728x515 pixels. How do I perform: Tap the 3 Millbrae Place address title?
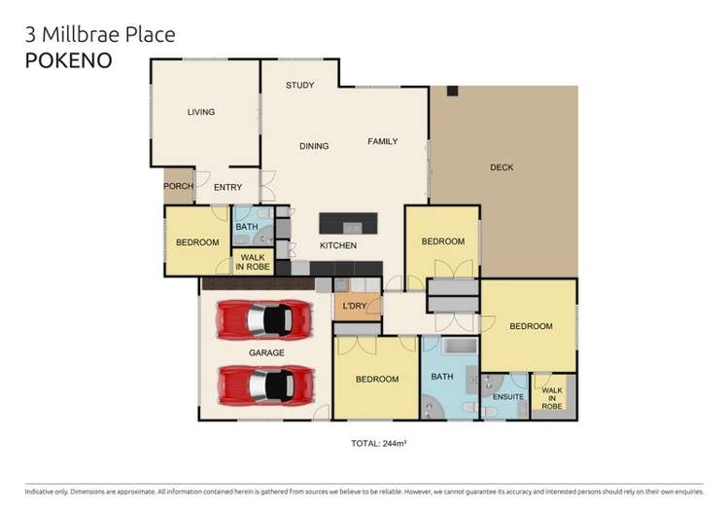pos(100,35)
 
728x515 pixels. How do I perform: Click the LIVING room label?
pos(200,113)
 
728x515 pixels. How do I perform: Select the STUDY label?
pos(299,86)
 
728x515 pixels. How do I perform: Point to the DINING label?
pos(314,147)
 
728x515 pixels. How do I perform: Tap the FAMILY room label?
pos(382,142)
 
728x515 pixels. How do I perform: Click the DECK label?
pos(502,167)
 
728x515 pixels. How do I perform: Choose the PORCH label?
pos(178,187)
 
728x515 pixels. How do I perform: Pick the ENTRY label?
pos(228,188)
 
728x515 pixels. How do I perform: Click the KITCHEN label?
pos(338,245)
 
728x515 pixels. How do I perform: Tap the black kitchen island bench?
pos(347,222)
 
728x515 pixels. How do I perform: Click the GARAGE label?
pos(265,352)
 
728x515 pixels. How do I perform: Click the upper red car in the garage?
pos(264,318)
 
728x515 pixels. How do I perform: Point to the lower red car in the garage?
pos(264,385)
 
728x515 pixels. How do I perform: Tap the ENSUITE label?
pos(507,397)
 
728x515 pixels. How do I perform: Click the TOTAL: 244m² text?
pos(378,444)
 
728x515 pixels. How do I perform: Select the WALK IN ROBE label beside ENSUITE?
pos(552,397)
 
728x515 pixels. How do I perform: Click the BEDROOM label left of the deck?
pos(442,241)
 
